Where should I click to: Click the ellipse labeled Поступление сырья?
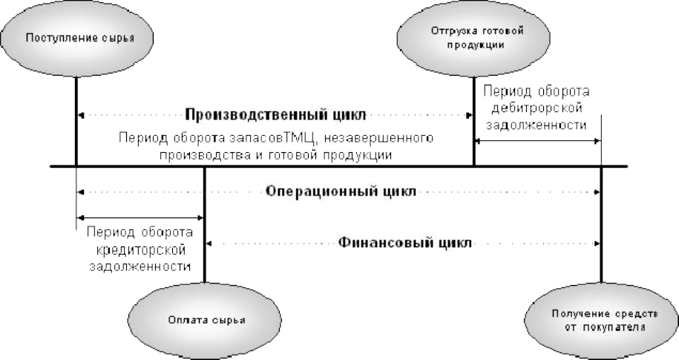tap(77, 38)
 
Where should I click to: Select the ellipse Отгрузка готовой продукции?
tap(473, 38)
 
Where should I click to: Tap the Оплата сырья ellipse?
tap(206, 320)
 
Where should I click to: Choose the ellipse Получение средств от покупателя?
tap(602, 320)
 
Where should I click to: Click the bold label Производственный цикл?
tap(275, 115)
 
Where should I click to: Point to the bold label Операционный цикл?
tap(341, 191)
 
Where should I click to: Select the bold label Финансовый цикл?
tap(404, 242)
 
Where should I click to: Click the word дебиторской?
tap(536, 108)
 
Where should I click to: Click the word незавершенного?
tap(379, 138)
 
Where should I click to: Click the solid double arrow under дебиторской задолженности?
tap(537, 141)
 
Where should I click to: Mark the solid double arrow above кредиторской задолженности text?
tap(140, 217)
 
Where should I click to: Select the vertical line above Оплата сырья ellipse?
tap(205, 225)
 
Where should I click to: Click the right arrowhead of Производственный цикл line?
tap(468, 115)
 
